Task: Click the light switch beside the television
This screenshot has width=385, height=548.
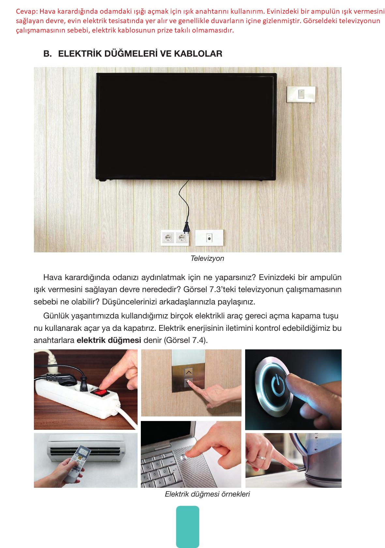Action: click(301, 94)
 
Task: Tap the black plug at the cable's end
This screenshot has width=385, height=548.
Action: click(186, 228)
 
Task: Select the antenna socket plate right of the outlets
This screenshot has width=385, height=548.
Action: click(209, 238)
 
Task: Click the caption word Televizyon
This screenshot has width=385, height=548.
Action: click(207, 258)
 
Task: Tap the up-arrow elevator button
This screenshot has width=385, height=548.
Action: click(188, 372)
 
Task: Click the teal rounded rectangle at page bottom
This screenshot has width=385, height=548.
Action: click(187, 527)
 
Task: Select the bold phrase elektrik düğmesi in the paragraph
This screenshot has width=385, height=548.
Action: click(109, 340)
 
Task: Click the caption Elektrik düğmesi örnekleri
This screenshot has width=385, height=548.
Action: click(207, 494)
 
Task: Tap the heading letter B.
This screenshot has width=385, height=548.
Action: click(47, 54)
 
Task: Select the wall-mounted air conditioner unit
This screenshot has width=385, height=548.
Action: click(86, 449)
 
